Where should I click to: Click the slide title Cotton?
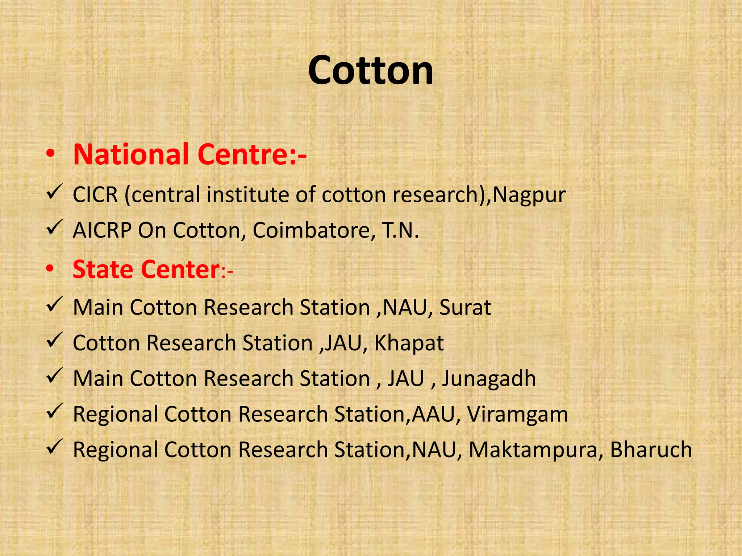click(x=371, y=70)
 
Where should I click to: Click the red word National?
click(x=131, y=155)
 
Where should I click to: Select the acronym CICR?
click(x=95, y=195)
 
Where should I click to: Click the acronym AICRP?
click(x=102, y=230)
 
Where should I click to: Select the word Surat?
click(x=465, y=308)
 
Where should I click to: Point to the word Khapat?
click(x=409, y=343)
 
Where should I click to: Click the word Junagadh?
click(x=488, y=379)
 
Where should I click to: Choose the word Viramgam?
click(x=517, y=414)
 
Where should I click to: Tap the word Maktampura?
click(x=533, y=450)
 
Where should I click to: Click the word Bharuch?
click(x=651, y=450)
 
